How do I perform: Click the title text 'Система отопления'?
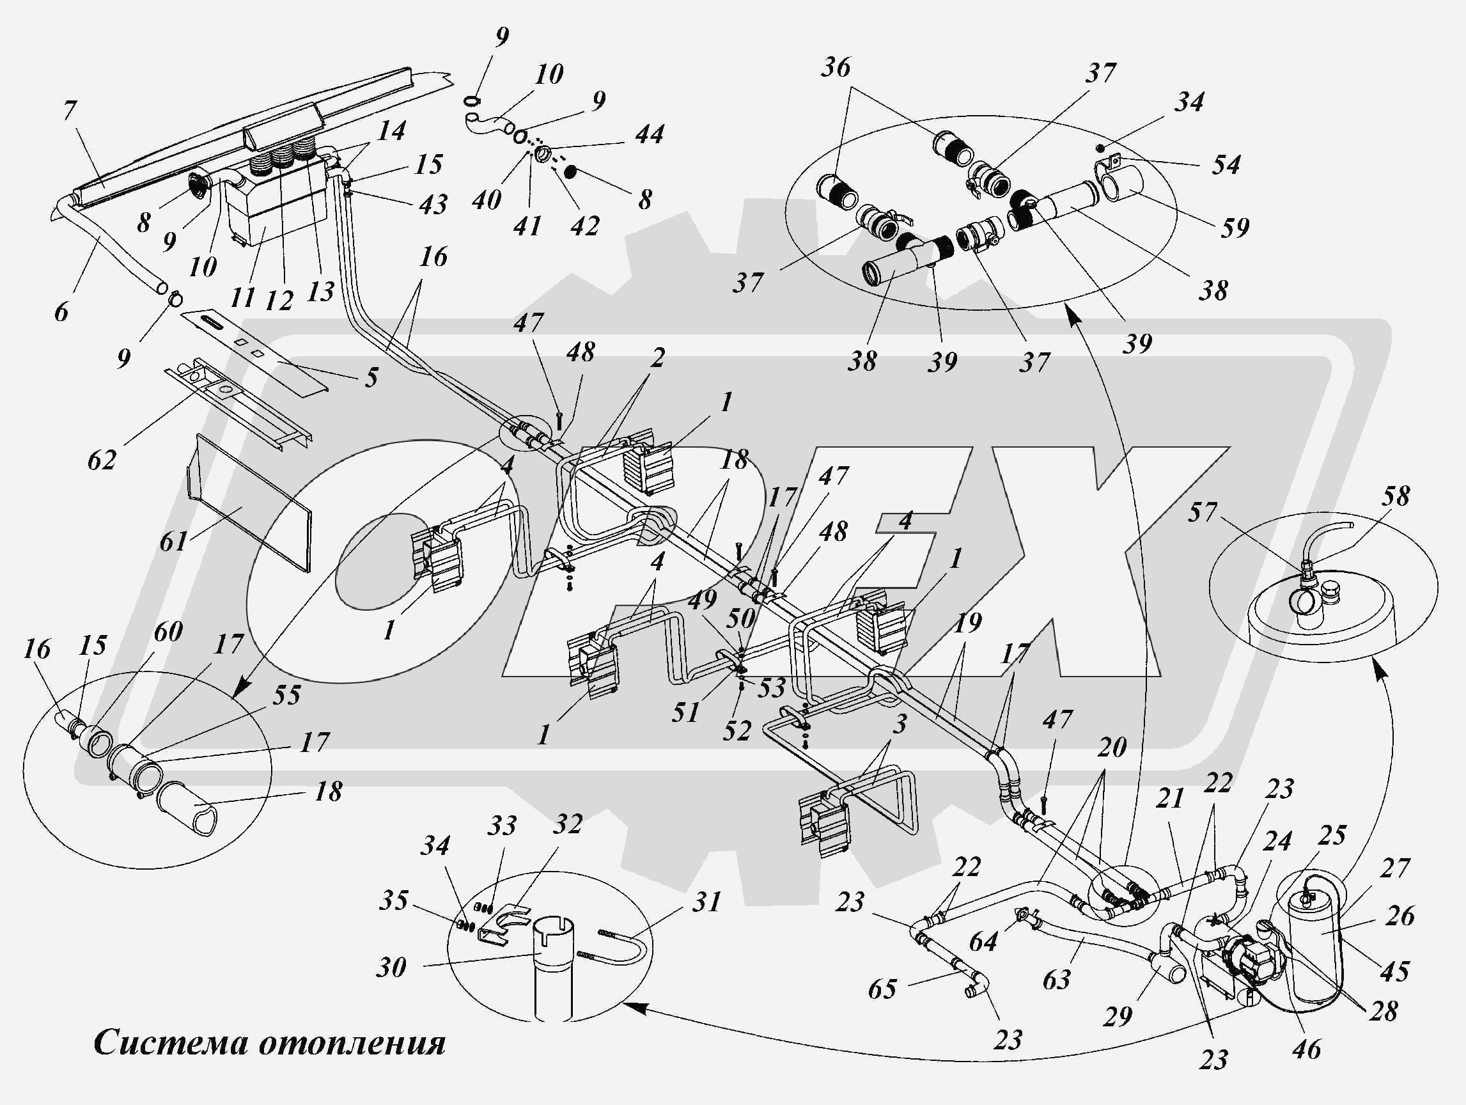click(x=270, y=1044)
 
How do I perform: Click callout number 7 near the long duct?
click(x=71, y=111)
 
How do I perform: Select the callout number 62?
click(x=102, y=460)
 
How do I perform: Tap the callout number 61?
click(x=174, y=542)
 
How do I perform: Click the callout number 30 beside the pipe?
click(x=391, y=968)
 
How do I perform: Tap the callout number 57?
click(x=1203, y=512)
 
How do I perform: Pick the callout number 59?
click(x=1235, y=228)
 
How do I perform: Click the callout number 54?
click(x=1226, y=164)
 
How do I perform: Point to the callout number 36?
click(x=835, y=67)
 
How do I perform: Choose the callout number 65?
click(x=883, y=989)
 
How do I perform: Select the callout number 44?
click(x=650, y=134)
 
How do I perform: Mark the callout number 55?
click(x=286, y=694)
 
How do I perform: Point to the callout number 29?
click(x=1118, y=1015)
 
